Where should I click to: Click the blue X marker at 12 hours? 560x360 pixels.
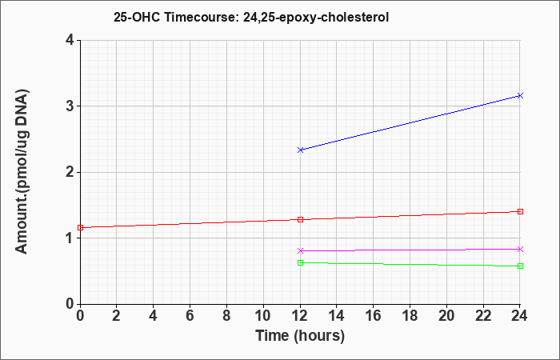coord(300,150)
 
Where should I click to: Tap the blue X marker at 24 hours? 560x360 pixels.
coord(520,95)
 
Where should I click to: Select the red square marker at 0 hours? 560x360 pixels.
coord(80,227)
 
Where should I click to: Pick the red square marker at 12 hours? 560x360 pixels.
coord(300,219)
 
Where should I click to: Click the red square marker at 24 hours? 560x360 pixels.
coord(520,211)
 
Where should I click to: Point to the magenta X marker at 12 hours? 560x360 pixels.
coord(300,250)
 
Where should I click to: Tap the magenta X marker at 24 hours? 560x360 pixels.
coord(520,250)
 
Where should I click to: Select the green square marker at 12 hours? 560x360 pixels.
coord(300,263)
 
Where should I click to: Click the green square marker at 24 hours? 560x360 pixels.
coord(520,266)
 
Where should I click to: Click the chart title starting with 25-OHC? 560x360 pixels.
coord(251,17)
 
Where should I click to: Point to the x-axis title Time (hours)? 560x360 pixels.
coord(300,336)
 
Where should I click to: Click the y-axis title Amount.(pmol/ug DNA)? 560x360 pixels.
coord(22,172)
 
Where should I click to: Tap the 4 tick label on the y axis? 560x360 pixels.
coord(70,40)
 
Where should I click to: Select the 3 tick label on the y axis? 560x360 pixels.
coord(70,106)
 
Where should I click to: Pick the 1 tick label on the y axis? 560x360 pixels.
coord(70,238)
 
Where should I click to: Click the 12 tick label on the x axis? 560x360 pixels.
coord(300,316)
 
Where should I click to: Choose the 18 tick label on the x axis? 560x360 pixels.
coord(410,316)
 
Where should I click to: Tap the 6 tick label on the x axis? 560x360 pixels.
coord(190,316)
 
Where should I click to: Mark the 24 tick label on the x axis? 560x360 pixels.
coord(520,316)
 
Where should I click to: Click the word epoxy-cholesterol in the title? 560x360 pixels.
coord(333,18)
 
